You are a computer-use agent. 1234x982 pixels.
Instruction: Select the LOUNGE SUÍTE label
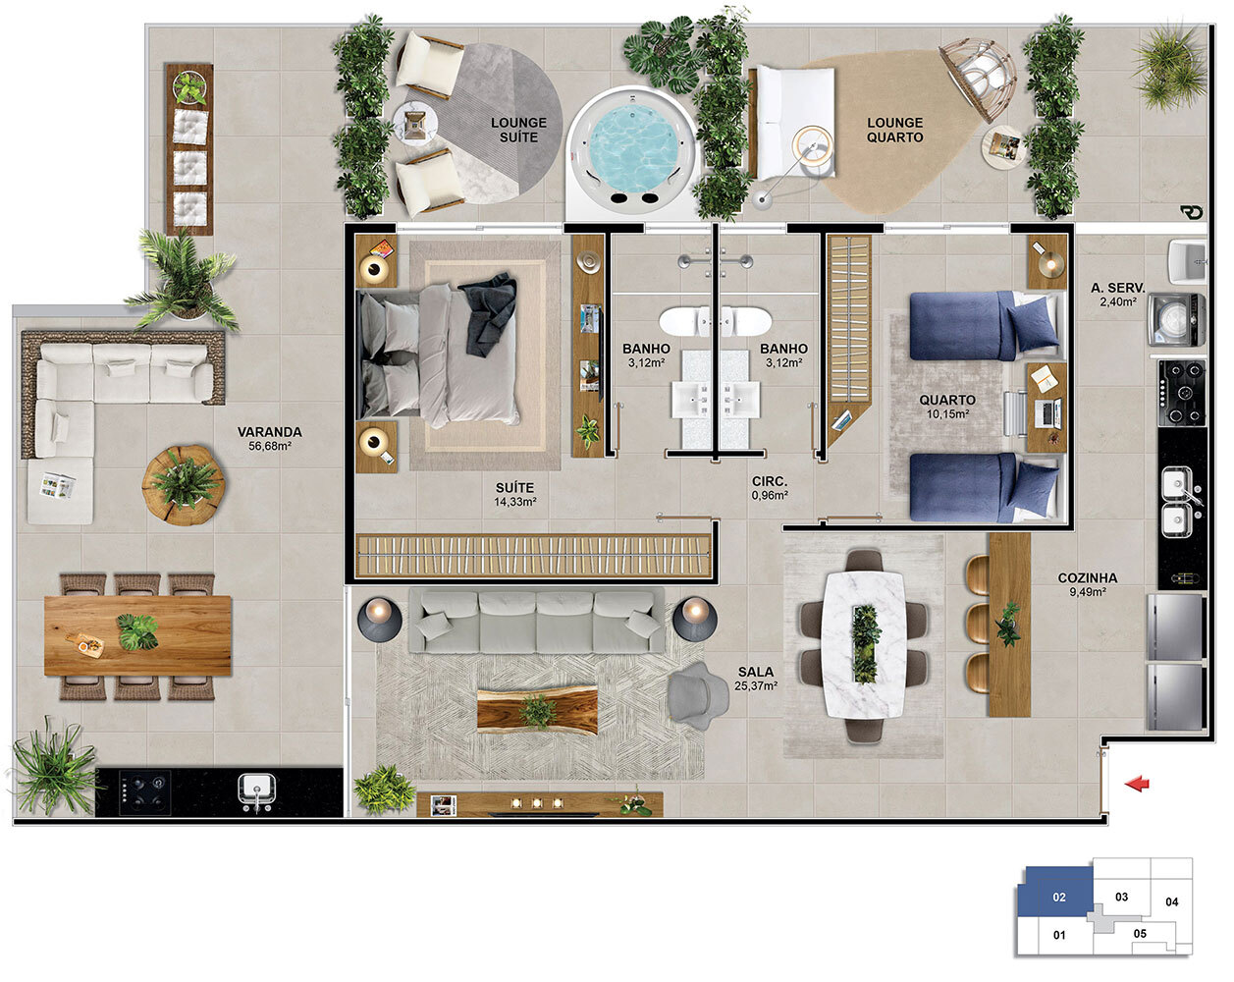[518, 131]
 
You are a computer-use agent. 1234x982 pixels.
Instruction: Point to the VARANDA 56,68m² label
[270, 439]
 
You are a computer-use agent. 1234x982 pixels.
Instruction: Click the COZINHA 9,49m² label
[1087, 584]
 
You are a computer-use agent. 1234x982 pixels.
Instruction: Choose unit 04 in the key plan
[1171, 902]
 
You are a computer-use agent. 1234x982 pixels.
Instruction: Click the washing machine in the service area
[1176, 319]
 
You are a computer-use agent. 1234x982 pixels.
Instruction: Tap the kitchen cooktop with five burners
[1182, 394]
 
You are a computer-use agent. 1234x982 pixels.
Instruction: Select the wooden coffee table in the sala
[537, 711]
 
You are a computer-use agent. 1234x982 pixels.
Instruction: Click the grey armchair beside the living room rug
[697, 695]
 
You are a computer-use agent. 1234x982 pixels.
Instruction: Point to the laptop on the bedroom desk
[1047, 413]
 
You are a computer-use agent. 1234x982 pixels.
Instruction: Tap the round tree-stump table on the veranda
[184, 485]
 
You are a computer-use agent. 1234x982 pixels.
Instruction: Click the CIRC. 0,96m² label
[770, 488]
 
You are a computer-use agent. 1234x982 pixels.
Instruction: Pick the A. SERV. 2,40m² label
[1117, 295]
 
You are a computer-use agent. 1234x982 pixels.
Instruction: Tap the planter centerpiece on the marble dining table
[865, 644]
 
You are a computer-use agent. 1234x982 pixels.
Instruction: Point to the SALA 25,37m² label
[756, 678]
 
